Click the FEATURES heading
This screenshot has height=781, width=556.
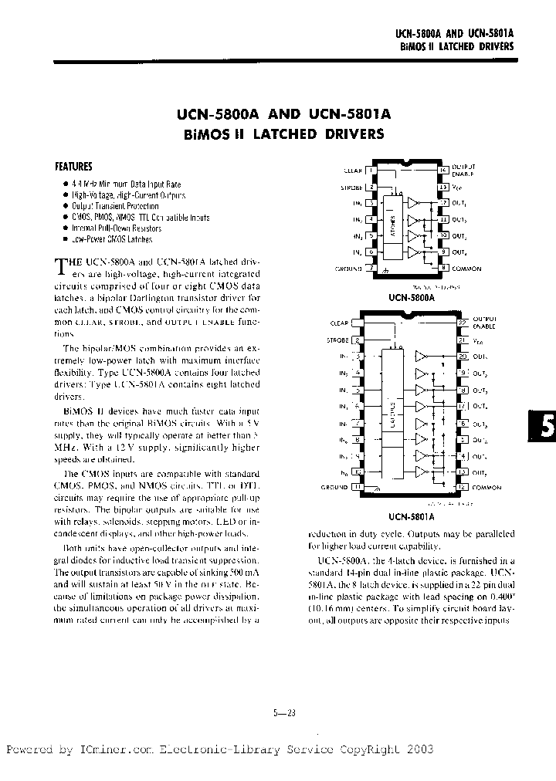click(x=73, y=166)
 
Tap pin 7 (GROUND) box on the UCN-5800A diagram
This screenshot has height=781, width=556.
click(x=372, y=269)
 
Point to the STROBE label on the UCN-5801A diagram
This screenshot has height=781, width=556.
click(x=337, y=340)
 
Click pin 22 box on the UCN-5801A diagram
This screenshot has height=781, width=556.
click(x=462, y=323)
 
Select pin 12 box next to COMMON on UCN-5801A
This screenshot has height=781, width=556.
click(x=462, y=487)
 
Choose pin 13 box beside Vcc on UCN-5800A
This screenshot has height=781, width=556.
click(x=443, y=187)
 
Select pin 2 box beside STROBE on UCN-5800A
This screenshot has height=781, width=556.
click(x=372, y=187)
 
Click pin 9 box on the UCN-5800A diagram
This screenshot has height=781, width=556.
click(x=443, y=252)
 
